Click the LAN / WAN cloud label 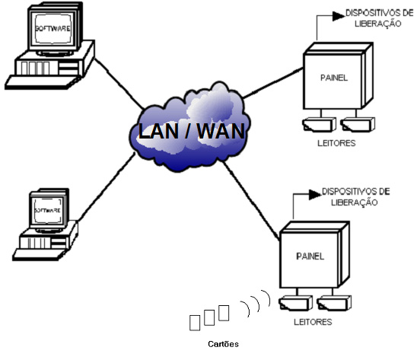[x=192, y=131]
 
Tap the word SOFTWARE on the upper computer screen [x=52, y=28]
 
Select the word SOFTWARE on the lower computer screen [x=47, y=210]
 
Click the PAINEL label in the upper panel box [x=334, y=78]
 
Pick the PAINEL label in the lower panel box [x=310, y=256]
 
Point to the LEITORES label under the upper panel [x=336, y=143]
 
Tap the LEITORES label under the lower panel [x=313, y=322]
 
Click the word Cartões [x=223, y=344]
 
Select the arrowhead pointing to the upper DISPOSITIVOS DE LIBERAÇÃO [x=339, y=16]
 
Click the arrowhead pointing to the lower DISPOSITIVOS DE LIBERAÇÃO [x=315, y=195]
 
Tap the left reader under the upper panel [x=319, y=125]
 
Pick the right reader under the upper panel [x=358, y=125]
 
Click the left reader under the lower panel [x=295, y=303]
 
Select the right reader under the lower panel [x=334, y=303]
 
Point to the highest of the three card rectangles [x=224, y=313]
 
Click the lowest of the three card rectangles [x=195, y=323]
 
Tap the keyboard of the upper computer [x=42, y=81]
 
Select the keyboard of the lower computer [x=40, y=254]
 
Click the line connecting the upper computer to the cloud [x=119, y=84]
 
